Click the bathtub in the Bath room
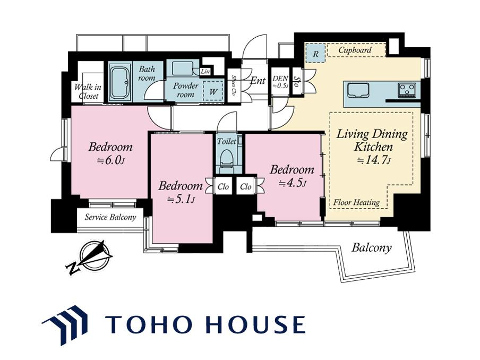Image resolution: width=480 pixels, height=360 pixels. coord(120,82)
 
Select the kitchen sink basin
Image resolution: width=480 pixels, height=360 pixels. coord(358,90)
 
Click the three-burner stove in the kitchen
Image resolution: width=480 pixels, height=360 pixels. coord(407,90)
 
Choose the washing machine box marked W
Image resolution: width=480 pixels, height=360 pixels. coord(213,91)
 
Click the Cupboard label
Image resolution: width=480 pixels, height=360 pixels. coord(355,50)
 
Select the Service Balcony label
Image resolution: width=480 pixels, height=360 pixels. coord(110,217)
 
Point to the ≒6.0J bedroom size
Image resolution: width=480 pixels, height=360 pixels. coord(110,160)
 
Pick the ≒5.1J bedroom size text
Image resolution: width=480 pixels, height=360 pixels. coord(181,200)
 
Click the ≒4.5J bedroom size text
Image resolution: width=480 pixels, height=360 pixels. coord(293,183)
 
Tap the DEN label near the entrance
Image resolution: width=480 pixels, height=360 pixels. coord(280,79)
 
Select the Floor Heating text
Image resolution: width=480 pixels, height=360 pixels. coord(356,202)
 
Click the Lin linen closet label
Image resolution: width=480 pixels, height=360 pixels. coord(205,71)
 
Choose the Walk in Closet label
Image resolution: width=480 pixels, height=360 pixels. coord(88,91)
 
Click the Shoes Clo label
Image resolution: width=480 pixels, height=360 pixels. coord(233,85)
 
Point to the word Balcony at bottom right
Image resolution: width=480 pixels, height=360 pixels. coord(371,247)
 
